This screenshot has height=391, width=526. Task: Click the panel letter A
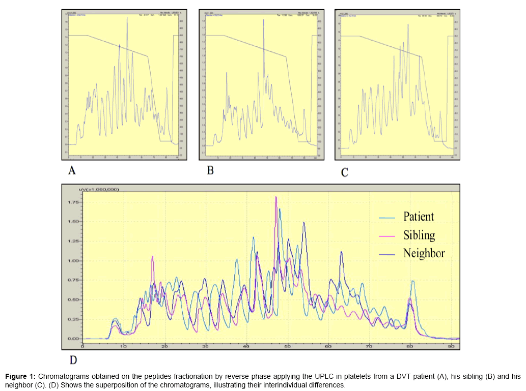tap(72, 171)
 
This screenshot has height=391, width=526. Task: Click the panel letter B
tap(210, 171)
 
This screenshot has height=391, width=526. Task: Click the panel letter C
tap(345, 173)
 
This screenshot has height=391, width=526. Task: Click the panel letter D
tap(73, 360)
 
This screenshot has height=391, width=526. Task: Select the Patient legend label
tap(419, 217)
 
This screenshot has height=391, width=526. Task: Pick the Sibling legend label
tap(419, 235)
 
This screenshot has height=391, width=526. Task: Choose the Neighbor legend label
tap(424, 253)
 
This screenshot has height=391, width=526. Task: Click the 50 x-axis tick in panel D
tap(287, 346)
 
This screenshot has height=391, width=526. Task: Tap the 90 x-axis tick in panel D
tap(451, 346)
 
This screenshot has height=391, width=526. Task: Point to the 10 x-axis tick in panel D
tap(123, 346)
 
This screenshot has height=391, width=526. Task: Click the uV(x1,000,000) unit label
tap(98, 189)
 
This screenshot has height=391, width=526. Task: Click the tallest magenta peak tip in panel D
tap(276, 197)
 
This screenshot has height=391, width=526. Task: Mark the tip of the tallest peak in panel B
tap(264, 20)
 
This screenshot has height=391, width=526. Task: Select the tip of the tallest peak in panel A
tap(127, 17)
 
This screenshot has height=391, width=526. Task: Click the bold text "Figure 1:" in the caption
tap(20, 377)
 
